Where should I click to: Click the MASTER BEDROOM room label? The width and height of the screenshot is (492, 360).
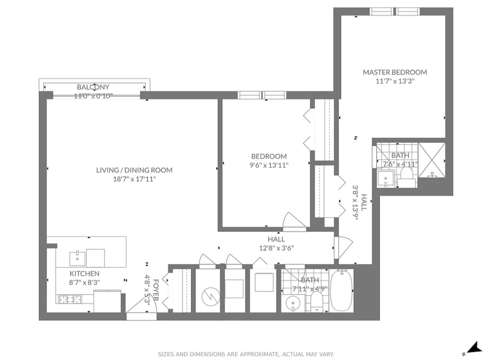tap(395, 72)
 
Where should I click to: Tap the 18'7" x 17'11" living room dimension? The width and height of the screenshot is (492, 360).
tap(134, 179)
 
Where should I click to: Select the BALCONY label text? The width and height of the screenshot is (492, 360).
tap(93, 87)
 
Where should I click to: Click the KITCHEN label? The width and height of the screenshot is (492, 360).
tap(84, 273)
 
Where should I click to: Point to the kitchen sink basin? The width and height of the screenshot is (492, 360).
tap(77, 258)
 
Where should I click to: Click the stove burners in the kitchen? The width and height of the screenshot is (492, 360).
tap(70, 299)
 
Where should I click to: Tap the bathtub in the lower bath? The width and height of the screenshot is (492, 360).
tap(341, 290)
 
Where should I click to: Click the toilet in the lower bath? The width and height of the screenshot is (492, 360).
tap(317, 302)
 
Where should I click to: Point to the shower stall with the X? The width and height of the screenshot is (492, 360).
tap(432, 160)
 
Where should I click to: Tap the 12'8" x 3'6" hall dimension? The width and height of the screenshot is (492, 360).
tap(276, 248)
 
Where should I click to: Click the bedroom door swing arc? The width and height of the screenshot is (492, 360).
tap(294, 221)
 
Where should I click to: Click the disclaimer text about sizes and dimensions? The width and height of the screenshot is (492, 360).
tap(246, 354)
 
